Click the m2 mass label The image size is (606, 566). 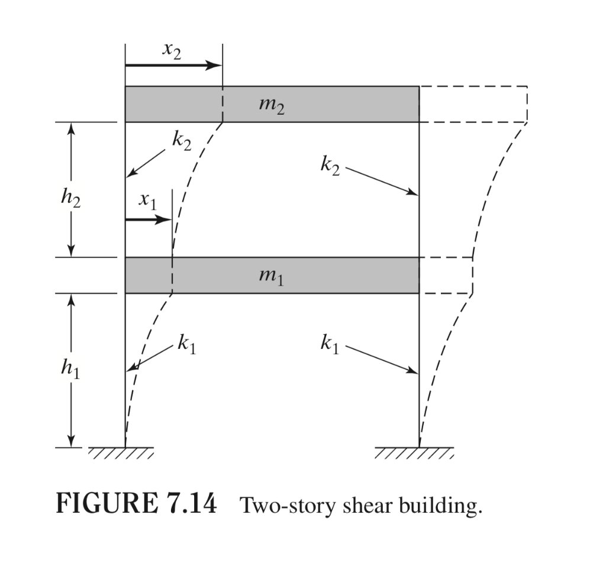tap(272, 105)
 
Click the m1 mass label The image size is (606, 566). tap(272, 276)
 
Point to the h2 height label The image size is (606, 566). tap(70, 199)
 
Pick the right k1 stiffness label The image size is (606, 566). tap(330, 344)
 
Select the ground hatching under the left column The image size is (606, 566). tap(121, 454)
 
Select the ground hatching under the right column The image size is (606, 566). tap(414, 454)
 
